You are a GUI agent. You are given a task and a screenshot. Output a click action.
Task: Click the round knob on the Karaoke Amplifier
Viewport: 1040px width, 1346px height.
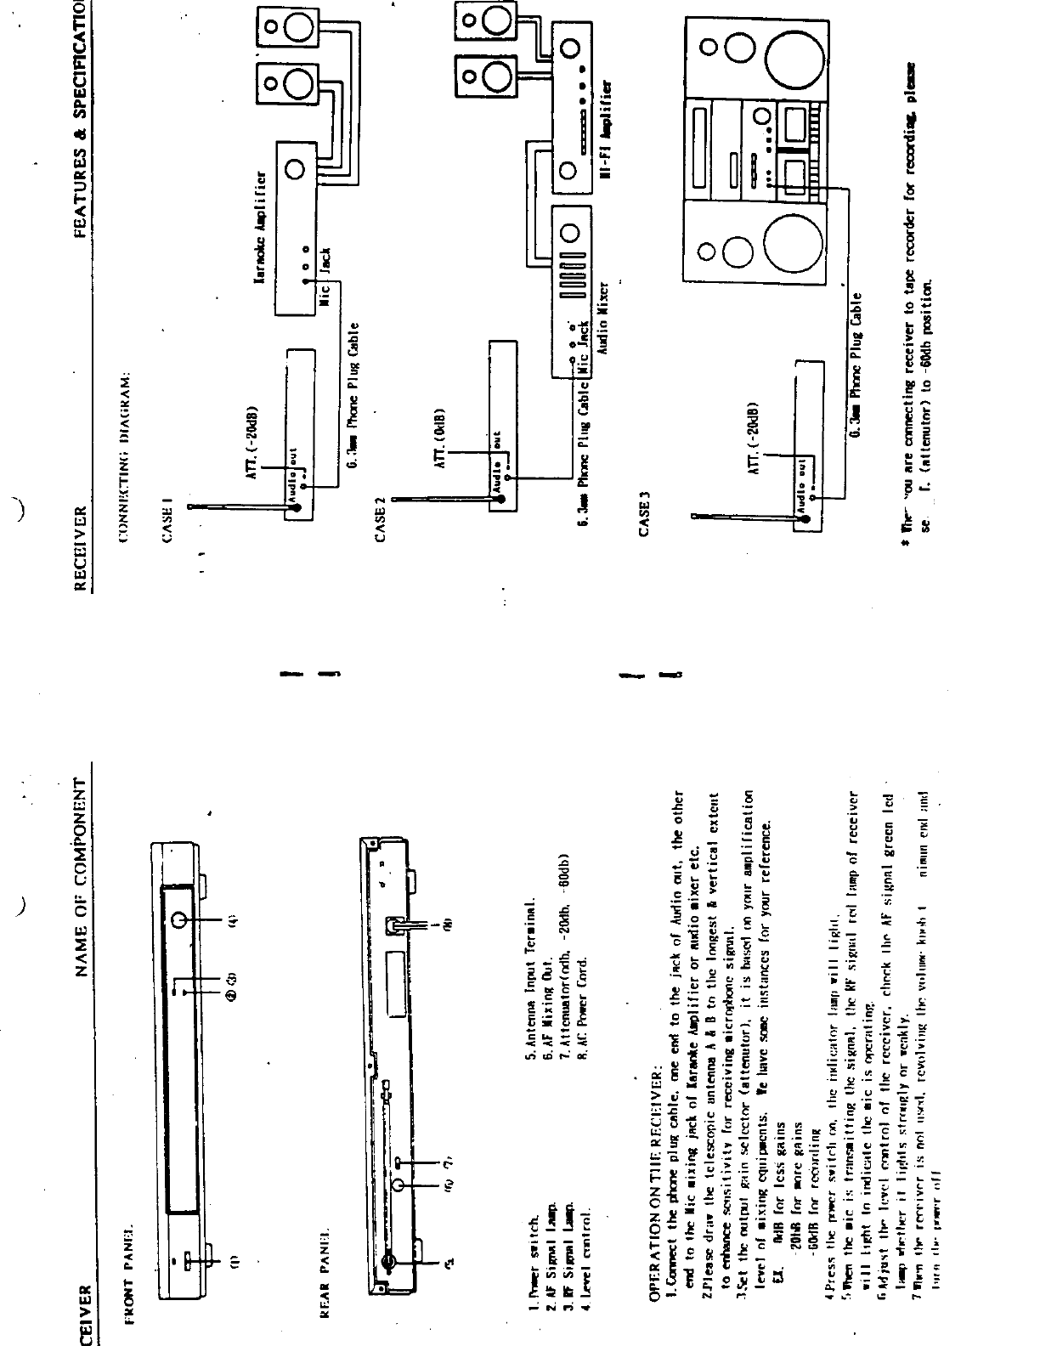[x=297, y=169]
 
